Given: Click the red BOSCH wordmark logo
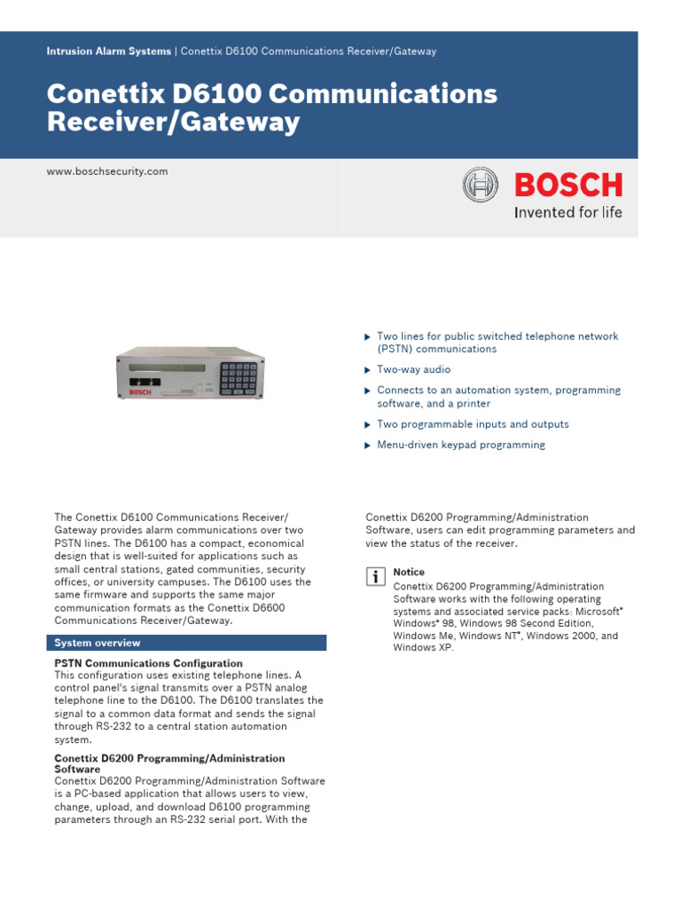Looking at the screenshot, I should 568,185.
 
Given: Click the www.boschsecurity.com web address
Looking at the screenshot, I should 106,171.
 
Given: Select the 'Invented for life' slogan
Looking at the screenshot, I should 568,212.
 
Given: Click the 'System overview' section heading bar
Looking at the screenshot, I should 186,643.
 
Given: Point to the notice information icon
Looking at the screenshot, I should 375,577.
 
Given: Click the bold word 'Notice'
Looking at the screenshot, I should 409,573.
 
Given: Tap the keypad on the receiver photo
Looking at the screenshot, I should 239,378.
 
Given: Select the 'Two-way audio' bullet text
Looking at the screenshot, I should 413,369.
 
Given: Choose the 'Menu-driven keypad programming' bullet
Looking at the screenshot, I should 461,445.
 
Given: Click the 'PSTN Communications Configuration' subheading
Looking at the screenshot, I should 148,663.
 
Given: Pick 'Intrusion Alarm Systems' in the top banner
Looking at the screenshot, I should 108,51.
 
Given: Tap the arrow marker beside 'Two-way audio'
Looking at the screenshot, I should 366,370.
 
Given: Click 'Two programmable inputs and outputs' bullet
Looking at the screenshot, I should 473,424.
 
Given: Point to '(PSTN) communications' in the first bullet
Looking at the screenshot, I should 436,349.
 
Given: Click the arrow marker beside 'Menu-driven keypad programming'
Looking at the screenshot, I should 366,446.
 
